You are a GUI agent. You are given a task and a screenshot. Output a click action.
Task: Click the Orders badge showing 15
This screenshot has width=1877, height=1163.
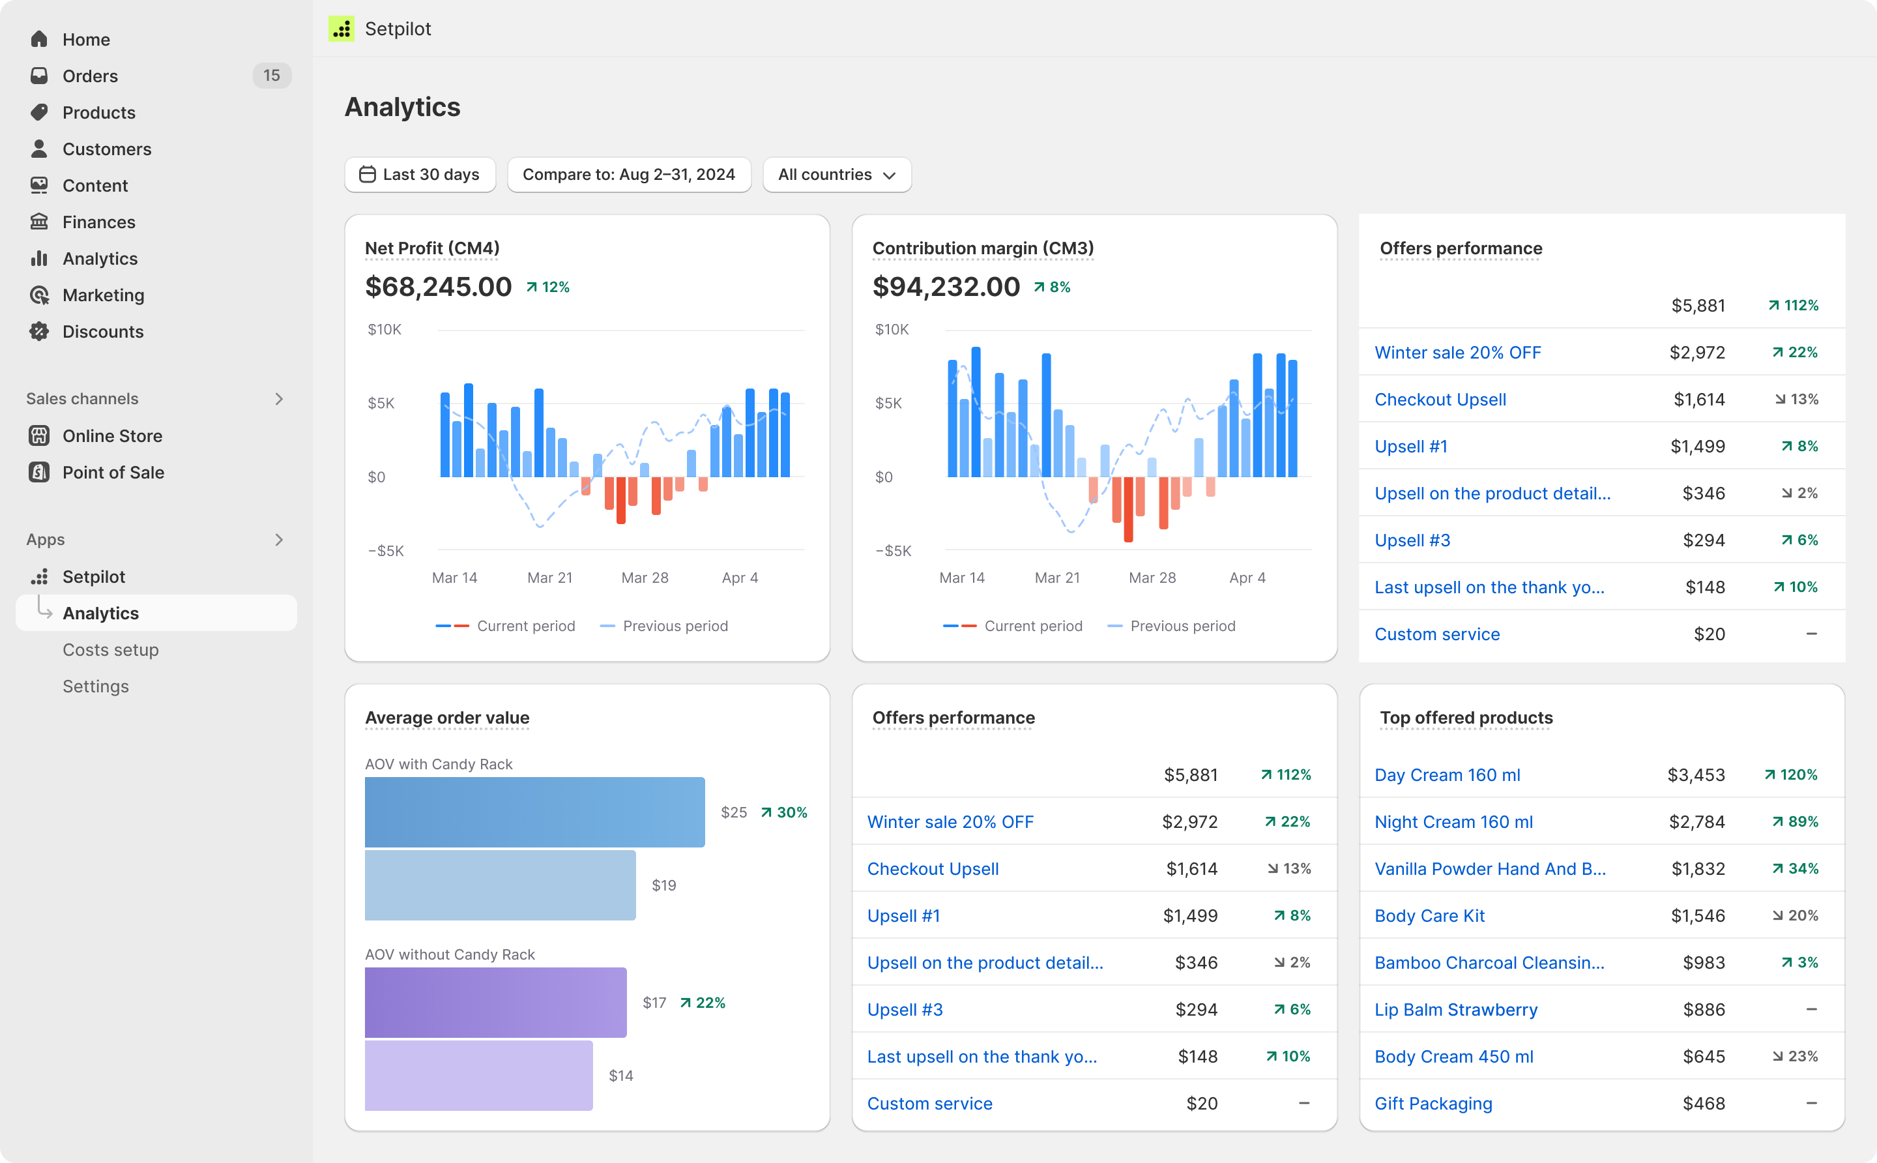[271, 76]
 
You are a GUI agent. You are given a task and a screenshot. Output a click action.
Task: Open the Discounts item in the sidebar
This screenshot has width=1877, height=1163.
[102, 332]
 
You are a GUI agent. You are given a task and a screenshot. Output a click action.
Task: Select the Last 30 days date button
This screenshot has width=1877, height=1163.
[420, 175]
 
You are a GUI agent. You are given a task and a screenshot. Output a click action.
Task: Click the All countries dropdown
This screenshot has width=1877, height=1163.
[837, 175]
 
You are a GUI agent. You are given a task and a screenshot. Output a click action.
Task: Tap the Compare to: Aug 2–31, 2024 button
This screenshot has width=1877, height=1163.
[628, 175]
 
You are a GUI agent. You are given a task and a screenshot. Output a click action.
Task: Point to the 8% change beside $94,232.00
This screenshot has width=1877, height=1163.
[1053, 287]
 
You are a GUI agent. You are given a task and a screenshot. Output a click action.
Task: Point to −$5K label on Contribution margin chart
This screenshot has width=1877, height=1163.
[893, 551]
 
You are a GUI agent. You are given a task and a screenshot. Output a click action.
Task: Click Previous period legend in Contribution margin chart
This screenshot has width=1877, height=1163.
[1182, 626]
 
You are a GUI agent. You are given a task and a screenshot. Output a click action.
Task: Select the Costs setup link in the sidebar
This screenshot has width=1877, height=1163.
[111, 650]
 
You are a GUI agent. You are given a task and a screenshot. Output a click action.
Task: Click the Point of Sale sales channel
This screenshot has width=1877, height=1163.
[113, 472]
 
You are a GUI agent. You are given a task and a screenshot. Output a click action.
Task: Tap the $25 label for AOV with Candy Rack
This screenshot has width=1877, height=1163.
[734, 812]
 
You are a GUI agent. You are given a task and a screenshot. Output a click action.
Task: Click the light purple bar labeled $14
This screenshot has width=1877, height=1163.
[478, 1075]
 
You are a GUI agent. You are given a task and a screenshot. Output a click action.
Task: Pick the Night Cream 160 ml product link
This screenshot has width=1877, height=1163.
[1453, 821]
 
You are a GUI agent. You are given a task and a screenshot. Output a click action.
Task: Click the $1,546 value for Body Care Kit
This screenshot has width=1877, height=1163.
[1697, 915]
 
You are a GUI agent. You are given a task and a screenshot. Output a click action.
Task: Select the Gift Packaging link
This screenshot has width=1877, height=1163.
[1433, 1103]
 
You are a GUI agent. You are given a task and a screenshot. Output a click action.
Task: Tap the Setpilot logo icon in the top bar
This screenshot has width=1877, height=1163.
[342, 29]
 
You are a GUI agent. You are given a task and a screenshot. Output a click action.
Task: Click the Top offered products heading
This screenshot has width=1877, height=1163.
[1466, 718]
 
